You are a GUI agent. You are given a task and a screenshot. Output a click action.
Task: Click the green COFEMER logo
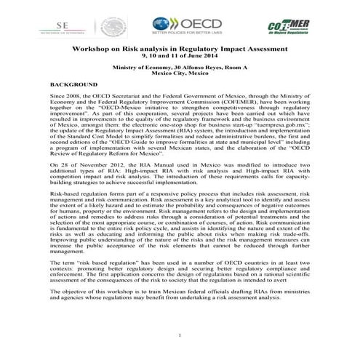pos(286,27)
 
